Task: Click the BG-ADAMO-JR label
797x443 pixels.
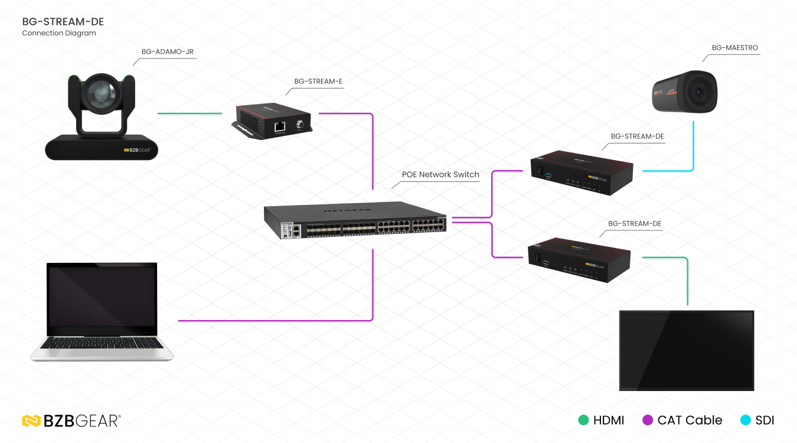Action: pyautogui.click(x=167, y=52)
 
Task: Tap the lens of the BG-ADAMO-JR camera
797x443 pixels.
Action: pyautogui.click(x=102, y=93)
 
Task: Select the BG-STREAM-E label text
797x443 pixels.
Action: pyautogui.click(x=318, y=82)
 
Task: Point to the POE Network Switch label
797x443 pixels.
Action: pyautogui.click(x=440, y=174)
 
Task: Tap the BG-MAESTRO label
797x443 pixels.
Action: pyautogui.click(x=734, y=48)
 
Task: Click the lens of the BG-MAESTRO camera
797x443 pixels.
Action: pyautogui.click(x=700, y=92)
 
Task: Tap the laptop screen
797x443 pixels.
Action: pyautogui.click(x=102, y=299)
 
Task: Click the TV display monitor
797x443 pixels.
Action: pyautogui.click(x=687, y=350)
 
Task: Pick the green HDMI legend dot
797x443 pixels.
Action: pyautogui.click(x=583, y=421)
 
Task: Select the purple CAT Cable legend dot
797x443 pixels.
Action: pyautogui.click(x=648, y=421)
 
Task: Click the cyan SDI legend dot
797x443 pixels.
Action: pyautogui.click(x=745, y=421)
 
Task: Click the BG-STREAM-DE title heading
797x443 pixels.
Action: pyautogui.click(x=63, y=22)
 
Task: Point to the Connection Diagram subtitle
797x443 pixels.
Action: pyautogui.click(x=59, y=34)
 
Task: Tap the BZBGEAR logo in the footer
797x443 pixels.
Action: pyautogui.click(x=71, y=421)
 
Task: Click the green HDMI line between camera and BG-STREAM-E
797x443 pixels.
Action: pyautogui.click(x=189, y=113)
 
